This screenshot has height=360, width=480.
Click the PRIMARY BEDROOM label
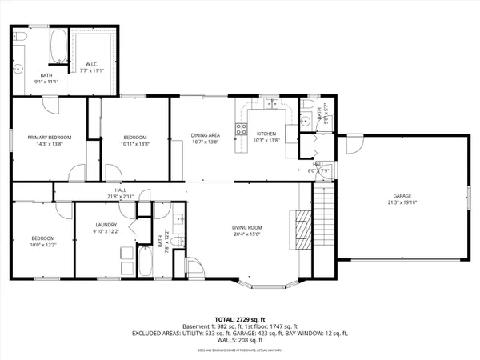click(x=50, y=138)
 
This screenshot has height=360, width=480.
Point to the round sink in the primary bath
click(x=18, y=69)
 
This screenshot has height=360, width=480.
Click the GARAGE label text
click(x=401, y=195)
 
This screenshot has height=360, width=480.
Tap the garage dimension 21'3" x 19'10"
click(x=401, y=202)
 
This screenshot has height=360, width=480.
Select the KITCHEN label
click(x=266, y=134)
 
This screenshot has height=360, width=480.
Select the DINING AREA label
click(x=205, y=135)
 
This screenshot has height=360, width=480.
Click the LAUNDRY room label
click(x=106, y=225)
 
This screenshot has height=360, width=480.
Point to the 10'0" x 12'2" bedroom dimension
click(x=42, y=245)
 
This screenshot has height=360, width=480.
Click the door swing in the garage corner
click(x=350, y=146)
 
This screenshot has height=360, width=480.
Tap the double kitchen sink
click(x=272, y=104)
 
